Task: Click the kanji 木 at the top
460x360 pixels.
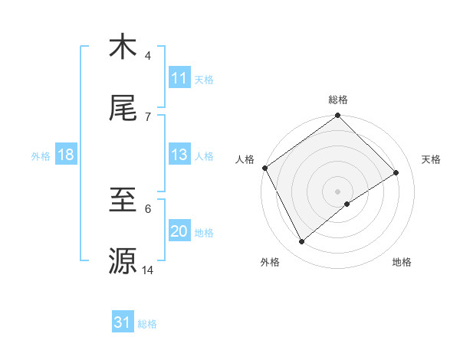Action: [123, 47]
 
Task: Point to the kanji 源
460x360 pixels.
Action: [123, 261]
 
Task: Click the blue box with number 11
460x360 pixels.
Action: [179, 78]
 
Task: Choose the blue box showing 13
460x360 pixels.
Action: [179, 155]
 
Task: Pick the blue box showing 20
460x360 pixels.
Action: [179, 231]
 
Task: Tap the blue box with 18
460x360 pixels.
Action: [66, 155]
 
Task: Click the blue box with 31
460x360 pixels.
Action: [123, 322]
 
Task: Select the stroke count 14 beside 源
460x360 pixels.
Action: [147, 270]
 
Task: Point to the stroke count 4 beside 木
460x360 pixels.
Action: [148, 55]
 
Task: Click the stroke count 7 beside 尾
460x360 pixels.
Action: [148, 116]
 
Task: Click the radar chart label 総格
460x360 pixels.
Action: [338, 100]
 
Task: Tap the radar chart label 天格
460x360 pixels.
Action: [431, 159]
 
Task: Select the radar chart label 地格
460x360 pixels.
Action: [402, 262]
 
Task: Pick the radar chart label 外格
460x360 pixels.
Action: [270, 262]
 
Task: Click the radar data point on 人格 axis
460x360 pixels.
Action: [265, 168]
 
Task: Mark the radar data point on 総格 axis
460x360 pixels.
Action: [338, 116]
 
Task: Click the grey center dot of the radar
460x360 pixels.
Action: [338, 191]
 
